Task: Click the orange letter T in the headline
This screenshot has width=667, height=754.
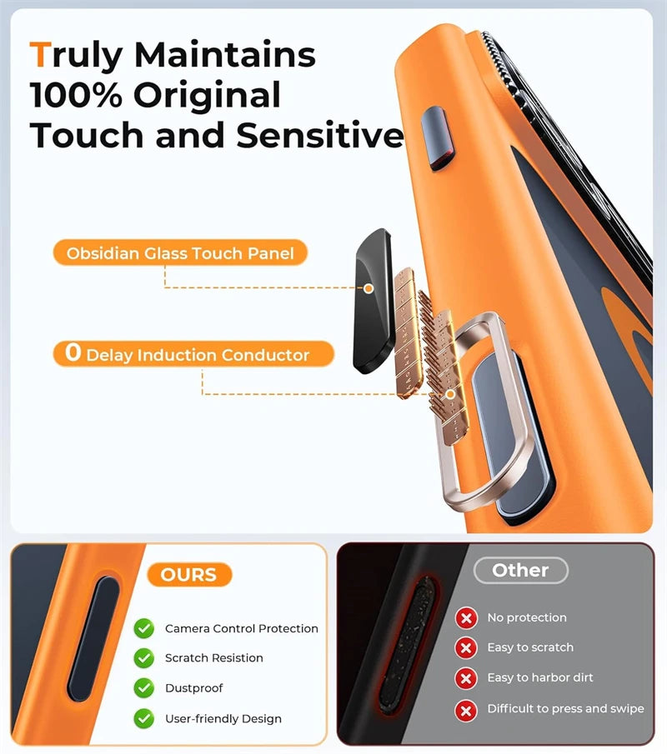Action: (x=41, y=56)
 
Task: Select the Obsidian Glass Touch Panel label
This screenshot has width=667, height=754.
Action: (x=180, y=253)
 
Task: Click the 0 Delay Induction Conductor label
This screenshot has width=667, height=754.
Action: (x=193, y=354)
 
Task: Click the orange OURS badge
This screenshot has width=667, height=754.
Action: (x=188, y=574)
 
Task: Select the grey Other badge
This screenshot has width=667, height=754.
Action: (x=520, y=571)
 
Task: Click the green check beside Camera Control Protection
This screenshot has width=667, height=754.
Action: (x=145, y=628)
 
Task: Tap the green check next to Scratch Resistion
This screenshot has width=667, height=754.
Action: (x=145, y=658)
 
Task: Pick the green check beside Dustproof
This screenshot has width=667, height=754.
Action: (x=145, y=688)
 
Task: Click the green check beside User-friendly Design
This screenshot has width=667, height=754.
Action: (x=145, y=718)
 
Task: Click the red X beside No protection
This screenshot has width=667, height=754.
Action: (x=466, y=618)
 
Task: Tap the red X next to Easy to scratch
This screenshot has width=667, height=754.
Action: (x=466, y=648)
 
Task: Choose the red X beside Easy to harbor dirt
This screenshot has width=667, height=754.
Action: (x=466, y=678)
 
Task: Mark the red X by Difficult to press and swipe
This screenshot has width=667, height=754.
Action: (x=466, y=709)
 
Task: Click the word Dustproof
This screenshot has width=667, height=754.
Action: (x=194, y=688)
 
